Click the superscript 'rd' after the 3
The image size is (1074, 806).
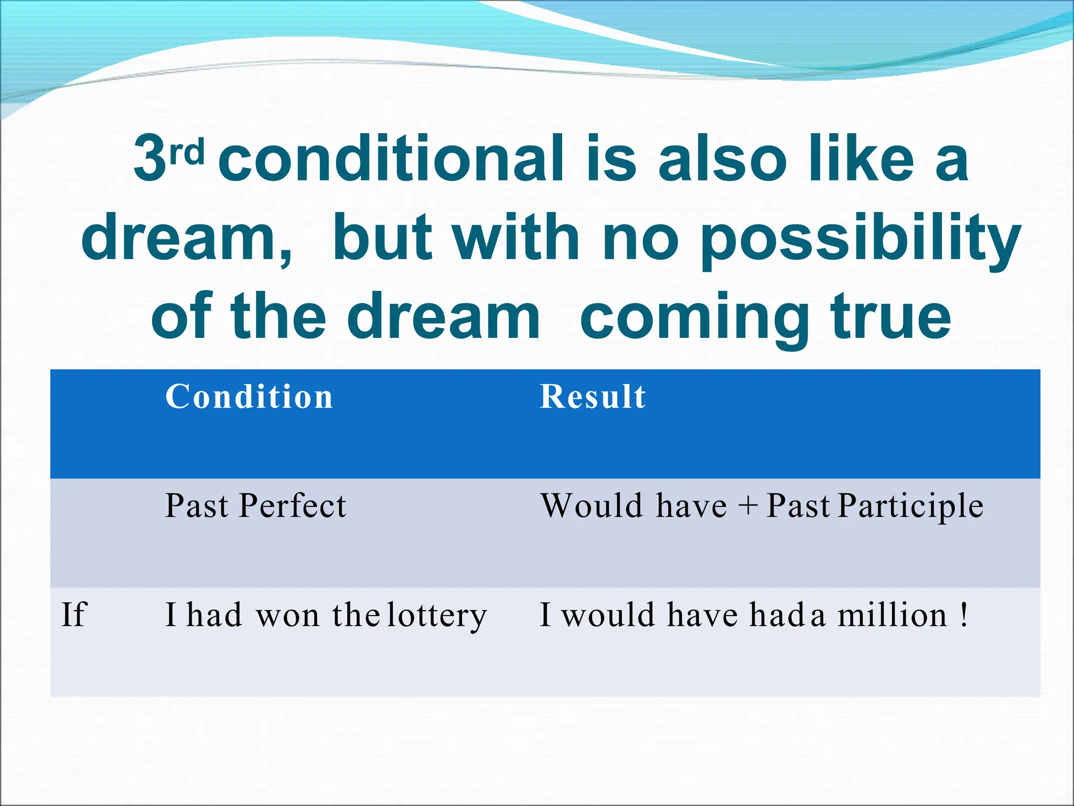click(x=187, y=153)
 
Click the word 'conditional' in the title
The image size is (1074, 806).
click(x=391, y=158)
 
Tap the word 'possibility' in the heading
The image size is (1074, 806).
click(x=860, y=239)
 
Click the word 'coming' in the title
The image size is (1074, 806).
click(x=694, y=319)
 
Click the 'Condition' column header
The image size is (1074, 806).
click(x=249, y=397)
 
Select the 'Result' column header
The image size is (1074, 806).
click(x=593, y=397)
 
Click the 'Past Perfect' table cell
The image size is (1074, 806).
click(x=255, y=506)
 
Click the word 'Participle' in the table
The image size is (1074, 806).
click(x=910, y=506)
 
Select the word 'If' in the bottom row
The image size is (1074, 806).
click(x=73, y=614)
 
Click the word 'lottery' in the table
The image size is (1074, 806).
click(x=437, y=616)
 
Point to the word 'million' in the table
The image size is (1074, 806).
click(x=892, y=614)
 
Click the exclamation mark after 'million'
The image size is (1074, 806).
click(x=964, y=614)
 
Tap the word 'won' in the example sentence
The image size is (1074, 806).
click(x=287, y=616)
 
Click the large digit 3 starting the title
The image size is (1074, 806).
click(x=150, y=158)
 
